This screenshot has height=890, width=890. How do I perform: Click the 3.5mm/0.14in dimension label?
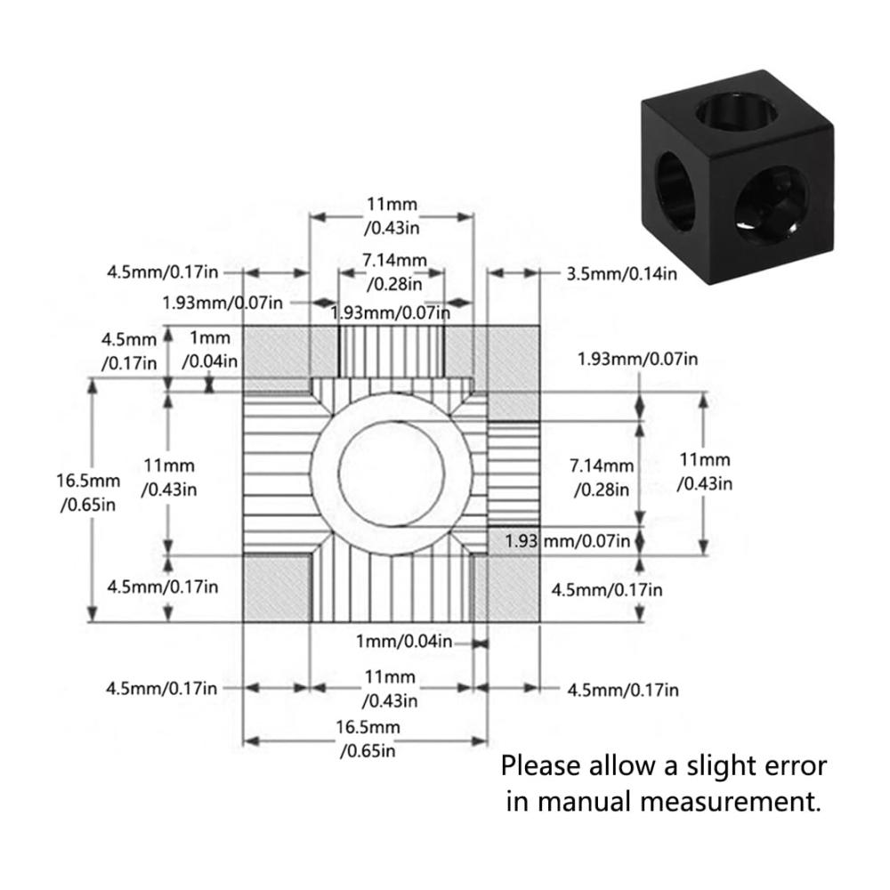pos(621,274)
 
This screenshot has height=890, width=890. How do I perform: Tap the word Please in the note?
pos(540,766)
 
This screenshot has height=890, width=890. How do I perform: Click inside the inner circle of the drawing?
pos(392,473)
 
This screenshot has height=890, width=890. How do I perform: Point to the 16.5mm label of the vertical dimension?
pos(88,492)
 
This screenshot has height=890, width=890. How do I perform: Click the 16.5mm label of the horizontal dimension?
pos(368,739)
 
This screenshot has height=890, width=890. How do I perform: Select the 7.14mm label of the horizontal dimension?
pos(395,271)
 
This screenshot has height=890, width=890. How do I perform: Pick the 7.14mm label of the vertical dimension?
pos(602,477)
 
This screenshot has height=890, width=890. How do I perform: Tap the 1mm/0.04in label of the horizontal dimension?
pos(404,642)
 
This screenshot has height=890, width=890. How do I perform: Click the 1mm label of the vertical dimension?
pos(210,349)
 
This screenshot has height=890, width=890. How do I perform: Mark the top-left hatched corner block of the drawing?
pos(277,359)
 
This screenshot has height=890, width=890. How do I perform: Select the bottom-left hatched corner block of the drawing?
pos(277,588)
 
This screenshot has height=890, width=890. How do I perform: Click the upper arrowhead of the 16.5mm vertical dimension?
pos(92,385)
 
